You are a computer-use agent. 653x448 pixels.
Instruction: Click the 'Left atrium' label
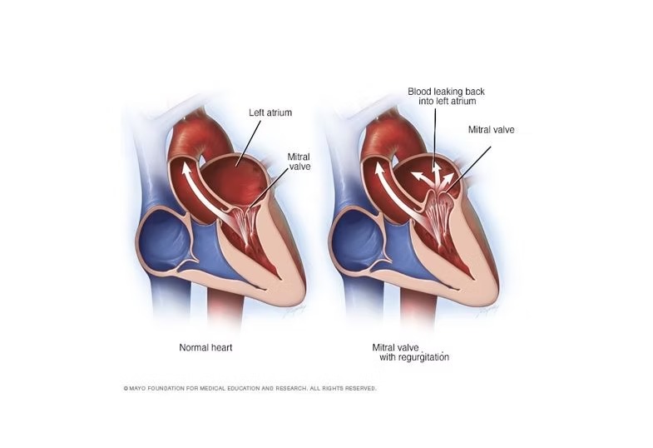[x=270, y=112]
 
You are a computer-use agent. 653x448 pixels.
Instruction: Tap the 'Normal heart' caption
[x=205, y=347]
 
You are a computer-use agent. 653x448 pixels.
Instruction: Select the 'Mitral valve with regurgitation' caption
[x=411, y=352]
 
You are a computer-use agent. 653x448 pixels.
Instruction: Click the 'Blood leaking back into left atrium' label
[x=446, y=96]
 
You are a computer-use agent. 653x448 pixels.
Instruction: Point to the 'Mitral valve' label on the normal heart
[x=299, y=162]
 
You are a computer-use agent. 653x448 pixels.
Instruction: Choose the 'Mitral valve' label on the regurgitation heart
[x=491, y=130]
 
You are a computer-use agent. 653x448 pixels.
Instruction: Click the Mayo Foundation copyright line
[x=250, y=388]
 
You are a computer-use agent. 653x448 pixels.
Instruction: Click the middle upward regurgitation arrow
[x=437, y=177]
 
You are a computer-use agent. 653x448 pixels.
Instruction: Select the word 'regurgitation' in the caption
[x=424, y=357]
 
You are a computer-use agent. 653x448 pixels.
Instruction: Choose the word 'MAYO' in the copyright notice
[x=136, y=388]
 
